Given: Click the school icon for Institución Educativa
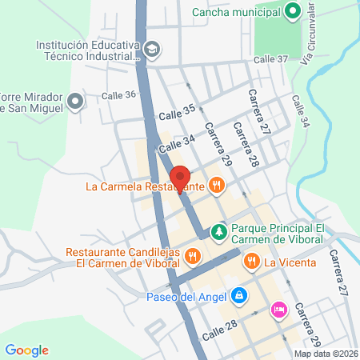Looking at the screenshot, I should pos(151,50).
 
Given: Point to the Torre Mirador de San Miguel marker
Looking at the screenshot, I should pos(75,101).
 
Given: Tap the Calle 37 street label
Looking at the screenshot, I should pos(270,59).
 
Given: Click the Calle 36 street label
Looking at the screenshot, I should pos(118,95).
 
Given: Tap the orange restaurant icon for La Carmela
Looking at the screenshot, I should pos(215,186).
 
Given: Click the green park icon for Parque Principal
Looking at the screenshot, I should pos(218,232).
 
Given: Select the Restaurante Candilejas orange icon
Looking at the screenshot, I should pos(191,257).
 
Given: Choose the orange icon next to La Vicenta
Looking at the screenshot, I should pos(251,260).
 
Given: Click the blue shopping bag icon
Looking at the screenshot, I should pos(238,296).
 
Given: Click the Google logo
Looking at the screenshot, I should pos(26,350).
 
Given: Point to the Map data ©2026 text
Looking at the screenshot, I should pos(324,354).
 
